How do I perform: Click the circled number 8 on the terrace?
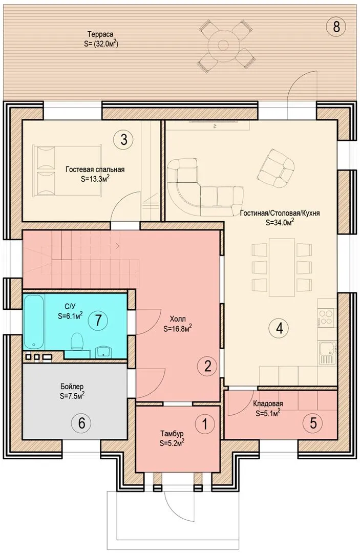(335, 26)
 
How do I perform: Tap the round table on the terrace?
(223, 45)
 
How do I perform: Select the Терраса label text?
(100, 34)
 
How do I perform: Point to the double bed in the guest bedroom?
(67, 171)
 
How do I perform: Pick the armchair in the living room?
(276, 166)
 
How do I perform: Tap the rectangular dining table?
(282, 267)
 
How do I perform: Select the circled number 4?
(279, 328)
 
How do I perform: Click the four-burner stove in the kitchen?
(327, 316)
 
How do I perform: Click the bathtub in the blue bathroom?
(34, 322)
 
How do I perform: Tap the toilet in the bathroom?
(77, 342)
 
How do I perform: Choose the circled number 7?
(98, 320)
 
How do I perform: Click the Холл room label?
(177, 319)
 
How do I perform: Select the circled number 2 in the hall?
(207, 366)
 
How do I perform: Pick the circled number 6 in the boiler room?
(81, 422)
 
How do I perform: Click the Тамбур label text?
(172, 433)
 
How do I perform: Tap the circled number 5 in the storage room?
(313, 423)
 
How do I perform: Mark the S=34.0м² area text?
(280, 222)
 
